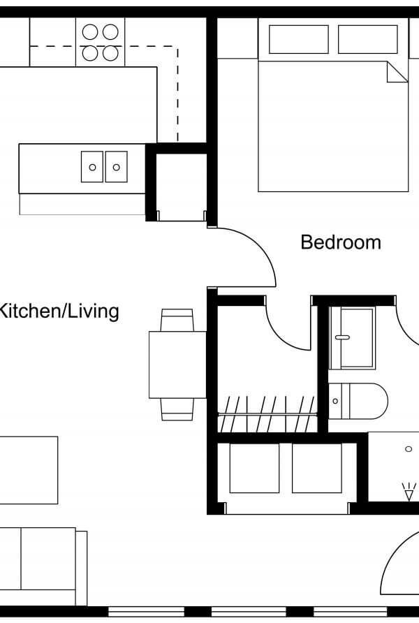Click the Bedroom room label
[x=341, y=242]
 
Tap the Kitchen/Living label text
[x=59, y=311]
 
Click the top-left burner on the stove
[x=90, y=32]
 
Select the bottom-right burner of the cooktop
[x=110, y=53]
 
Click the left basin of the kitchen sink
[x=92, y=167]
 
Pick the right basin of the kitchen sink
[x=117, y=167]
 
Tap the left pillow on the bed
[x=299, y=39]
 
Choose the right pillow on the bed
[x=368, y=39]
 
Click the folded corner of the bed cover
[x=397, y=73]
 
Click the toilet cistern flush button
[x=335, y=402]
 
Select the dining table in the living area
[x=177, y=365]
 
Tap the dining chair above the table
[x=177, y=320]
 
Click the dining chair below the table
[x=177, y=409]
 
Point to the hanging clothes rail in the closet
[x=267, y=414]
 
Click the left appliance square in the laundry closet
[x=254, y=468]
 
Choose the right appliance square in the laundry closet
[x=317, y=468]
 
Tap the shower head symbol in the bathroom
[x=409, y=492]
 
